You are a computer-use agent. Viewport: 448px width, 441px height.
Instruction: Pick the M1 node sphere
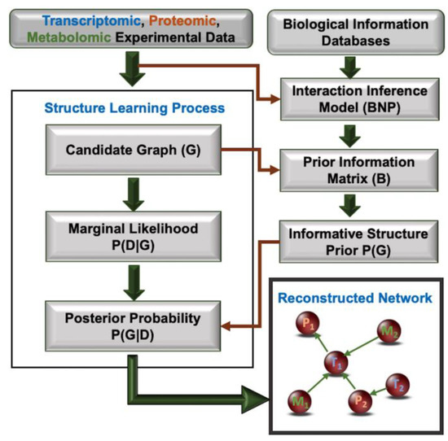pos(300,400)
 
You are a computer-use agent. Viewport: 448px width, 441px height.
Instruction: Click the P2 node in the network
pos(362,401)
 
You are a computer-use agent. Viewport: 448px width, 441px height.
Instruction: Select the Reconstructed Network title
pos(354,299)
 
